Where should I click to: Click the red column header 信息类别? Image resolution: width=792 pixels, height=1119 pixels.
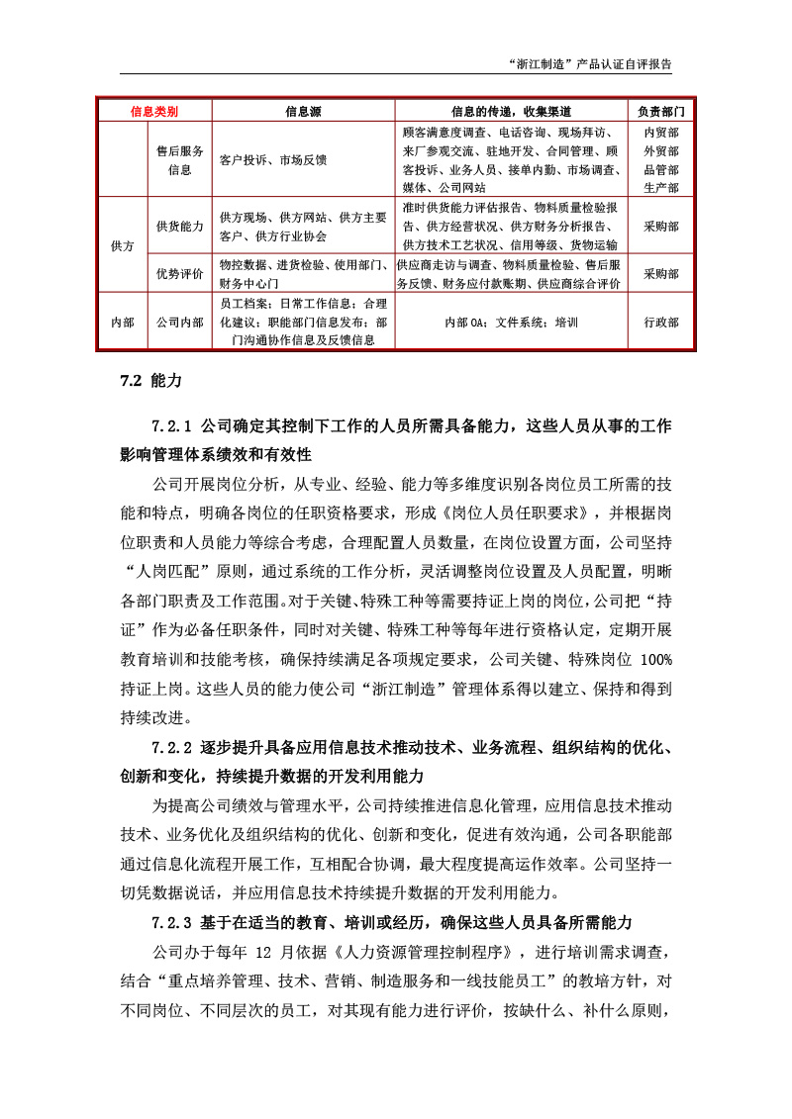[154, 111]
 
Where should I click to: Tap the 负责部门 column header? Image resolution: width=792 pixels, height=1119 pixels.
[660, 111]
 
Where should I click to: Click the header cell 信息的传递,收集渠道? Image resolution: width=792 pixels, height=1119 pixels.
[511, 111]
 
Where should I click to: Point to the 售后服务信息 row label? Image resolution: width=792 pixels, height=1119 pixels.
[180, 159]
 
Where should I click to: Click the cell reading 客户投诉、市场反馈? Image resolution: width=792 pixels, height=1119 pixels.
[273, 159]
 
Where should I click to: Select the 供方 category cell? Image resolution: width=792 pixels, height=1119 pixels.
[123, 245]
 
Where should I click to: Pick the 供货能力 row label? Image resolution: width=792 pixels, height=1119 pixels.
[180, 227]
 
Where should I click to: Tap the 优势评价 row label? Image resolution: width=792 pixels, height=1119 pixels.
[180, 273]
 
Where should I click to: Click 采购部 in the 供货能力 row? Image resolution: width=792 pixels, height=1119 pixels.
[660, 227]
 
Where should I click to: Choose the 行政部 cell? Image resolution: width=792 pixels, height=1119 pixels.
[660, 323]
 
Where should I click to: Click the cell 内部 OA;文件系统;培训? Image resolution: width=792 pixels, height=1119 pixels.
[511, 323]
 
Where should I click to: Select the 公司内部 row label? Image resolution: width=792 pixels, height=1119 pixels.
[180, 323]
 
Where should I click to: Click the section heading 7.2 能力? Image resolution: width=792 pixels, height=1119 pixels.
[150, 379]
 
